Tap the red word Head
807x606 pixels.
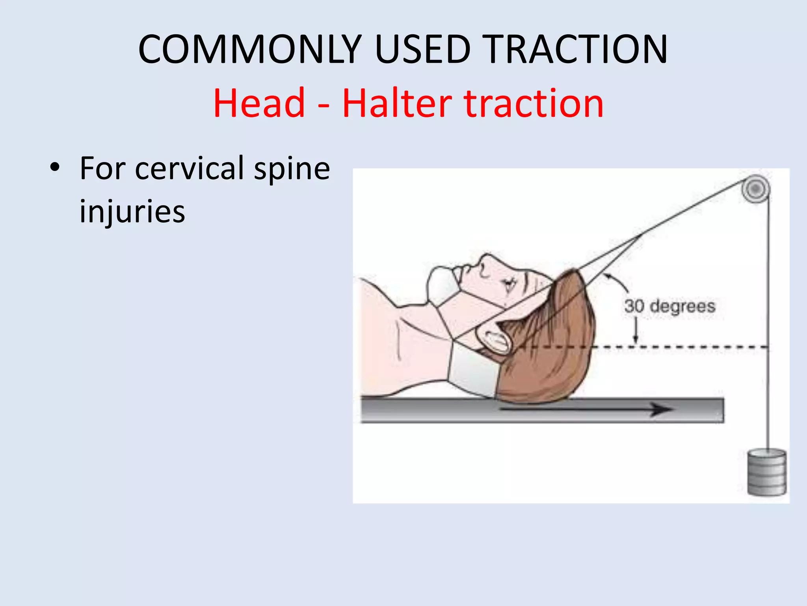coord(259,103)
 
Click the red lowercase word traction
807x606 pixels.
coord(534,103)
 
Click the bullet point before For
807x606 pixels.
coord(55,167)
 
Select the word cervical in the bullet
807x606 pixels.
coord(190,168)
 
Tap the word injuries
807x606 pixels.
coord(132,212)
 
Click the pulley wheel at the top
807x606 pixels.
coord(755,189)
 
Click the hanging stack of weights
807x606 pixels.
coord(766,473)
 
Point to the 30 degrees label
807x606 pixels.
coord(669,306)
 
